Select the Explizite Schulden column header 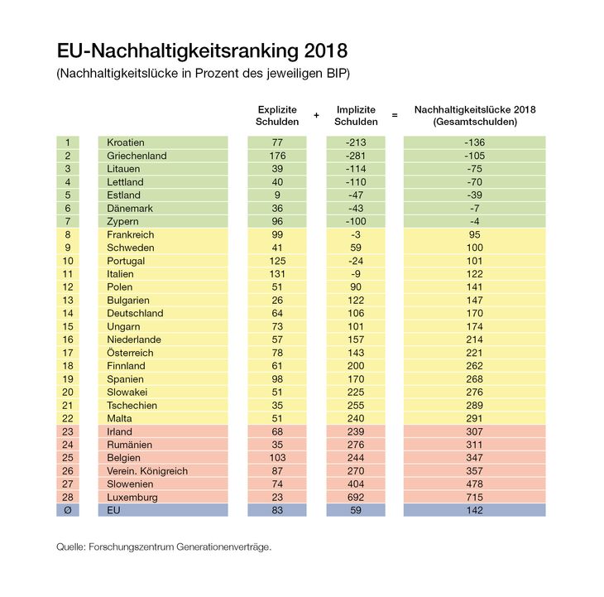(277, 115)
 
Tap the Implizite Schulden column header (356, 115)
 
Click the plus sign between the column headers (316, 115)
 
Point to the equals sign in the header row (395, 115)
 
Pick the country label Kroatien (126, 142)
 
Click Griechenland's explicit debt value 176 (277, 156)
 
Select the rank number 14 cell (67, 313)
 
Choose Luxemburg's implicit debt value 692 (356, 497)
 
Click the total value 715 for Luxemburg (474, 497)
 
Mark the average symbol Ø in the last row (67, 510)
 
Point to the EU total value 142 (474, 510)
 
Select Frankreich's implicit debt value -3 (356, 234)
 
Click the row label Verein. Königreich (147, 470)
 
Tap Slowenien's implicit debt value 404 (356, 484)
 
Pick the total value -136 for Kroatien (474, 142)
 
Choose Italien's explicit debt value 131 (277, 273)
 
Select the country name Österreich (131, 353)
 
